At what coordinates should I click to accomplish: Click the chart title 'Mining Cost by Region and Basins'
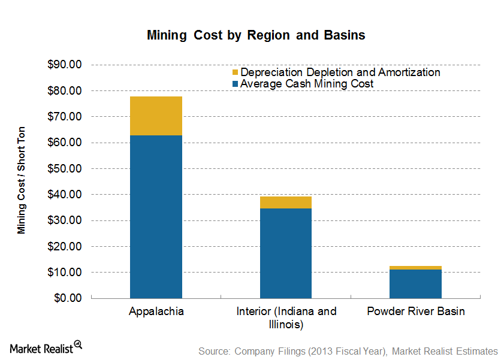pyautogui.click(x=256, y=35)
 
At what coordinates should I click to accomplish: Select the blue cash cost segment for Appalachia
pyautogui.click(x=156, y=216)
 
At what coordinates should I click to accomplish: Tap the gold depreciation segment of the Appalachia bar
pyautogui.click(x=156, y=116)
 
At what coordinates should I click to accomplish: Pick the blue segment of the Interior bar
pyautogui.click(x=285, y=253)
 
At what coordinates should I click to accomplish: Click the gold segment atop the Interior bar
pyautogui.click(x=285, y=202)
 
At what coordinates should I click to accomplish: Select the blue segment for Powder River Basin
pyautogui.click(x=415, y=283)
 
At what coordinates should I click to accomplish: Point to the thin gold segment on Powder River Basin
pyautogui.click(x=415, y=268)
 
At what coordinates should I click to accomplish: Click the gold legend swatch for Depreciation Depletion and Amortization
pyautogui.click(x=235, y=72)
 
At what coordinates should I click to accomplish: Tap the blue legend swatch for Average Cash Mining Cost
pyautogui.click(x=235, y=84)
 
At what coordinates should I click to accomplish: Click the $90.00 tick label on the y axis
pyautogui.click(x=65, y=65)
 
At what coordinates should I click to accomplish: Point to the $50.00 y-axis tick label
pyautogui.click(x=65, y=168)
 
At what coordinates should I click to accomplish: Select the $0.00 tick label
pyautogui.click(x=68, y=298)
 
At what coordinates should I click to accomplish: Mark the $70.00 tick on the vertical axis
pyautogui.click(x=65, y=117)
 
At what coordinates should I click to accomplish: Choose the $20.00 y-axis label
pyautogui.click(x=65, y=246)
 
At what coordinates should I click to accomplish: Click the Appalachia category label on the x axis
pyautogui.click(x=156, y=311)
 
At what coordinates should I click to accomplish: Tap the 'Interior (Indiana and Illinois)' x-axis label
pyautogui.click(x=286, y=318)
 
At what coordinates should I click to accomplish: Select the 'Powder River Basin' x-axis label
pyautogui.click(x=415, y=311)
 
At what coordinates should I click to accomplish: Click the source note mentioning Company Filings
pyautogui.click(x=348, y=351)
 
